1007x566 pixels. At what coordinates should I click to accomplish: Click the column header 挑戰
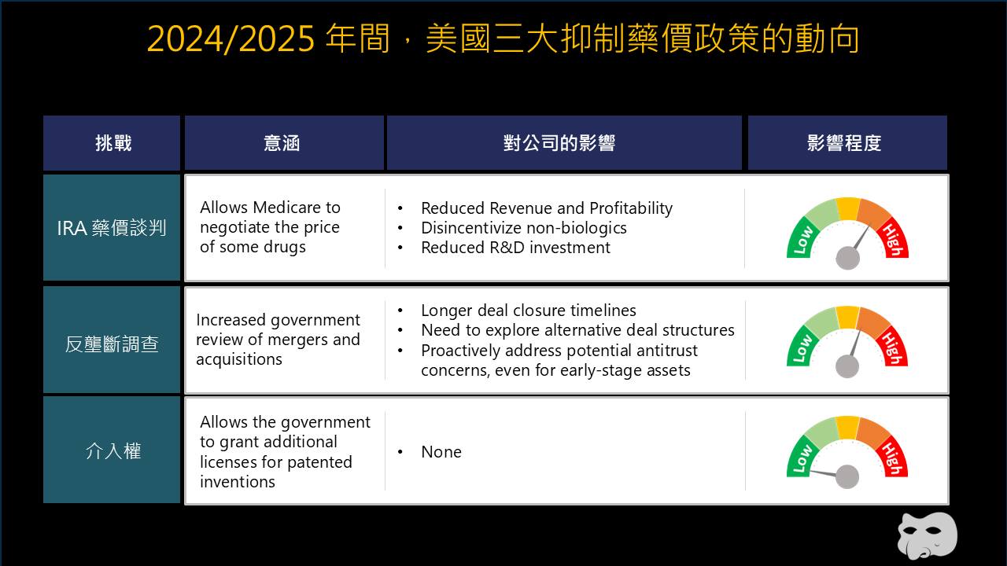coord(113,143)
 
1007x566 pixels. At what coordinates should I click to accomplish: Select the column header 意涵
coord(282,143)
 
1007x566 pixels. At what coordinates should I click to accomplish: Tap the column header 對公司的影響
coord(559,143)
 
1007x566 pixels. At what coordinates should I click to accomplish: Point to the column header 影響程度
coord(844,143)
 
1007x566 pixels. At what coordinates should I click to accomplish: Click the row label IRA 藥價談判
coord(112,228)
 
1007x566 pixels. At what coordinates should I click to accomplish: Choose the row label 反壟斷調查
coord(112,344)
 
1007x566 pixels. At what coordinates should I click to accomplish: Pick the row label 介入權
coord(113,450)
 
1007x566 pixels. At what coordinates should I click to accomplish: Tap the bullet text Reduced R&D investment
coord(515,248)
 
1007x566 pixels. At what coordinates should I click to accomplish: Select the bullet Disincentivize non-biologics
coord(524,228)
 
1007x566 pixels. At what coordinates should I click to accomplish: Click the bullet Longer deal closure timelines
coord(529,311)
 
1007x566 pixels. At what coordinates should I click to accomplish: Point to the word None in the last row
coord(441,452)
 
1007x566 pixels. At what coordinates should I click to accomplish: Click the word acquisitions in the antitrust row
coord(239,359)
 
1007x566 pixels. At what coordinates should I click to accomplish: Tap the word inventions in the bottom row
coord(238,482)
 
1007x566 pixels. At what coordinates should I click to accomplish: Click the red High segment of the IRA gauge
coord(893,238)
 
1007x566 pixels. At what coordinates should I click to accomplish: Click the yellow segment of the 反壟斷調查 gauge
coord(848,317)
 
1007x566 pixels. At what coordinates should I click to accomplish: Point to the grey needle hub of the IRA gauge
coord(848,259)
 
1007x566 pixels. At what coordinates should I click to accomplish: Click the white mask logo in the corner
coord(928,537)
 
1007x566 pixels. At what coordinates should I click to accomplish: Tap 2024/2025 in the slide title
coord(231,39)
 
